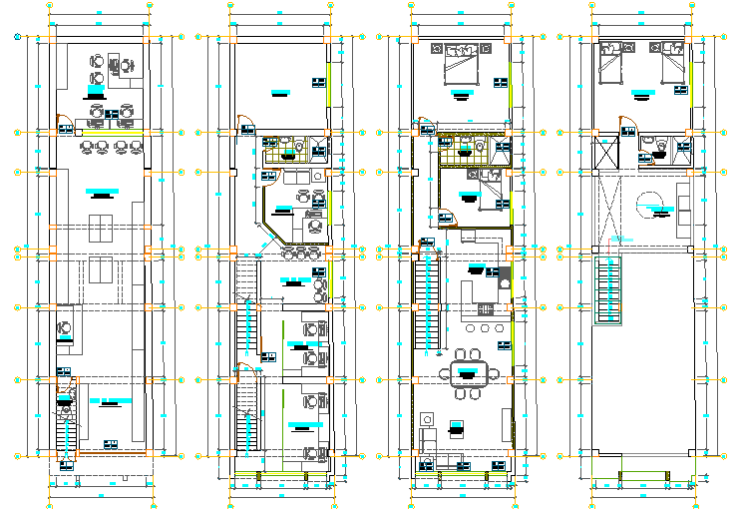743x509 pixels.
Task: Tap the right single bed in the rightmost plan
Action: click(672, 63)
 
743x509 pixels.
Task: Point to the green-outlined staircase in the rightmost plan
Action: click(607, 289)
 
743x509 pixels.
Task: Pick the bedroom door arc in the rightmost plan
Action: click(626, 124)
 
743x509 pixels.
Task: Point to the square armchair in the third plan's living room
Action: click(457, 430)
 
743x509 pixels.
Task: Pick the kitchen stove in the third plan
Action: click(504, 274)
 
